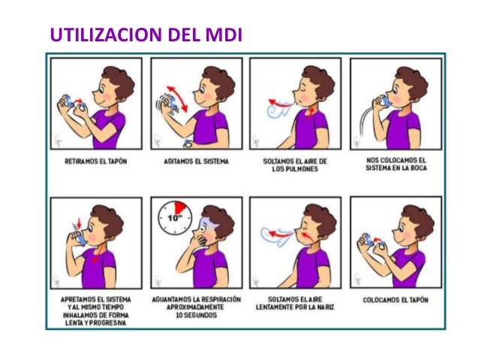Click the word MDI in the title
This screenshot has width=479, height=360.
click(x=224, y=35)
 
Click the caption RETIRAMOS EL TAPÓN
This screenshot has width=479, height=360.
click(x=96, y=161)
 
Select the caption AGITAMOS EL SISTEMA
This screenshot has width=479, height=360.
click(x=196, y=161)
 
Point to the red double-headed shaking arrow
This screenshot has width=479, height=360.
click(x=177, y=98)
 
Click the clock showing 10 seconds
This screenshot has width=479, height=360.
click(x=175, y=218)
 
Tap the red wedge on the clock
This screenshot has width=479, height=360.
click(x=179, y=207)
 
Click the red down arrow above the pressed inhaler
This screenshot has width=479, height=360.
click(x=79, y=223)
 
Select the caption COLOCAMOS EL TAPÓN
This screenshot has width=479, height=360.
click(x=396, y=300)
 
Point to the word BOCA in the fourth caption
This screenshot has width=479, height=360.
click(x=418, y=168)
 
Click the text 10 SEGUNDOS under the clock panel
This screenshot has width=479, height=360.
click(x=196, y=315)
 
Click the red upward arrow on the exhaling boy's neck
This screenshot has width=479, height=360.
click(x=311, y=113)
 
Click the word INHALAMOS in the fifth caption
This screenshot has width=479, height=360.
click(x=78, y=315)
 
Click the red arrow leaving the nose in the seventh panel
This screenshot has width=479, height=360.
click(x=282, y=234)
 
